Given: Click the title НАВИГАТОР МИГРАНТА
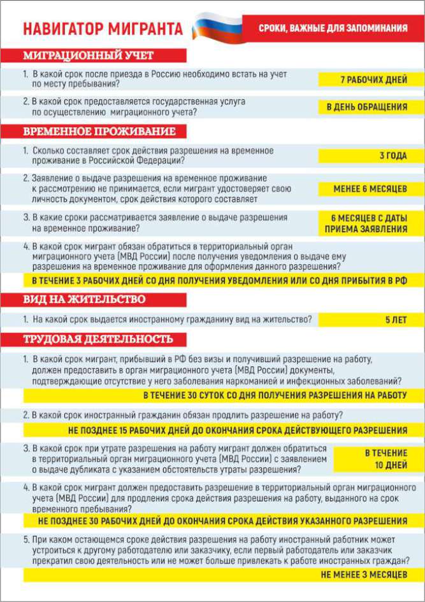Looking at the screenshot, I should [x=102, y=29].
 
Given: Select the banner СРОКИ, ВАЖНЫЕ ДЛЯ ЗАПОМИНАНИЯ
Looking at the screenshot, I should [x=333, y=28].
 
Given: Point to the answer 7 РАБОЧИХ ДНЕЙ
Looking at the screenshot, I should [x=366, y=80].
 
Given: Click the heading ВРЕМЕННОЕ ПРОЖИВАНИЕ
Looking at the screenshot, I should [x=99, y=132].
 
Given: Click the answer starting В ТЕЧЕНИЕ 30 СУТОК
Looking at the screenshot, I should [x=274, y=395].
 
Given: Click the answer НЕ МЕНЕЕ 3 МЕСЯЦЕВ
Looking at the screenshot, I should [x=364, y=574].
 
